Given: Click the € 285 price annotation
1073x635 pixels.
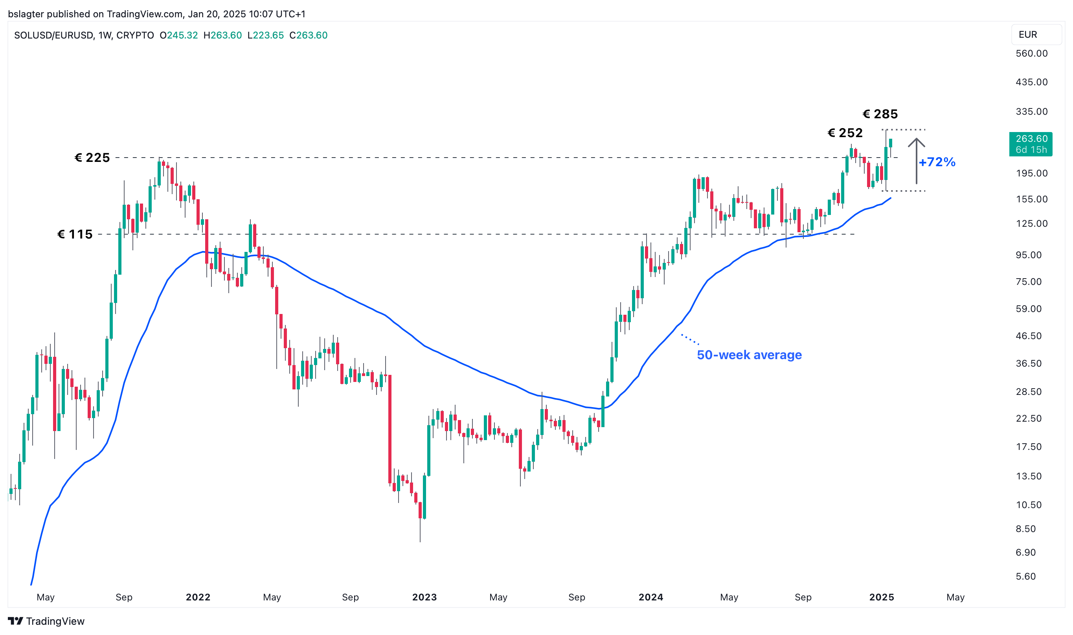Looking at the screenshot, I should coord(880,114).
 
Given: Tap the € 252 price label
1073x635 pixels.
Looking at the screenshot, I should coord(845,133).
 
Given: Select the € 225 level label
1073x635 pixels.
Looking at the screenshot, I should coord(92,158).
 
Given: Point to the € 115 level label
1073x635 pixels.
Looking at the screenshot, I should coord(75,235).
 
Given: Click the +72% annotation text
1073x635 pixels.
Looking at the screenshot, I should coord(937,162).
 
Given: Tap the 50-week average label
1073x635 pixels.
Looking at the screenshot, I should coord(749,355).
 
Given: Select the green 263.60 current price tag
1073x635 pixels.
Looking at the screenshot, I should coord(1030,144).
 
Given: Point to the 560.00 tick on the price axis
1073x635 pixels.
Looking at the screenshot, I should coord(1031,53).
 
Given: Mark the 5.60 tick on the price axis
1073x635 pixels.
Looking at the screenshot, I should coord(1025,576).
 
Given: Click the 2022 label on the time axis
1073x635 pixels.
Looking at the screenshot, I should coord(198,597).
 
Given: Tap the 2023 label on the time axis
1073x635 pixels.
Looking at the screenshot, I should coord(424,597).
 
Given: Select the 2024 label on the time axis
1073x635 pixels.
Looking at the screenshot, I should coord(650,597).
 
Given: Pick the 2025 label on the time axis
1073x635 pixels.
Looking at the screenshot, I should coord(881,597).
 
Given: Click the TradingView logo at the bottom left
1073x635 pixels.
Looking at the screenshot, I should coord(46,621).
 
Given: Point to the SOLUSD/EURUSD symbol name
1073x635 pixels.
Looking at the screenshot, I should coord(53,35).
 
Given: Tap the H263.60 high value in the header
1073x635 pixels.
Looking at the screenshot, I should coord(222,35).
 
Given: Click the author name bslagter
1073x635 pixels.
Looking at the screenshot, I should coord(26,14).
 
